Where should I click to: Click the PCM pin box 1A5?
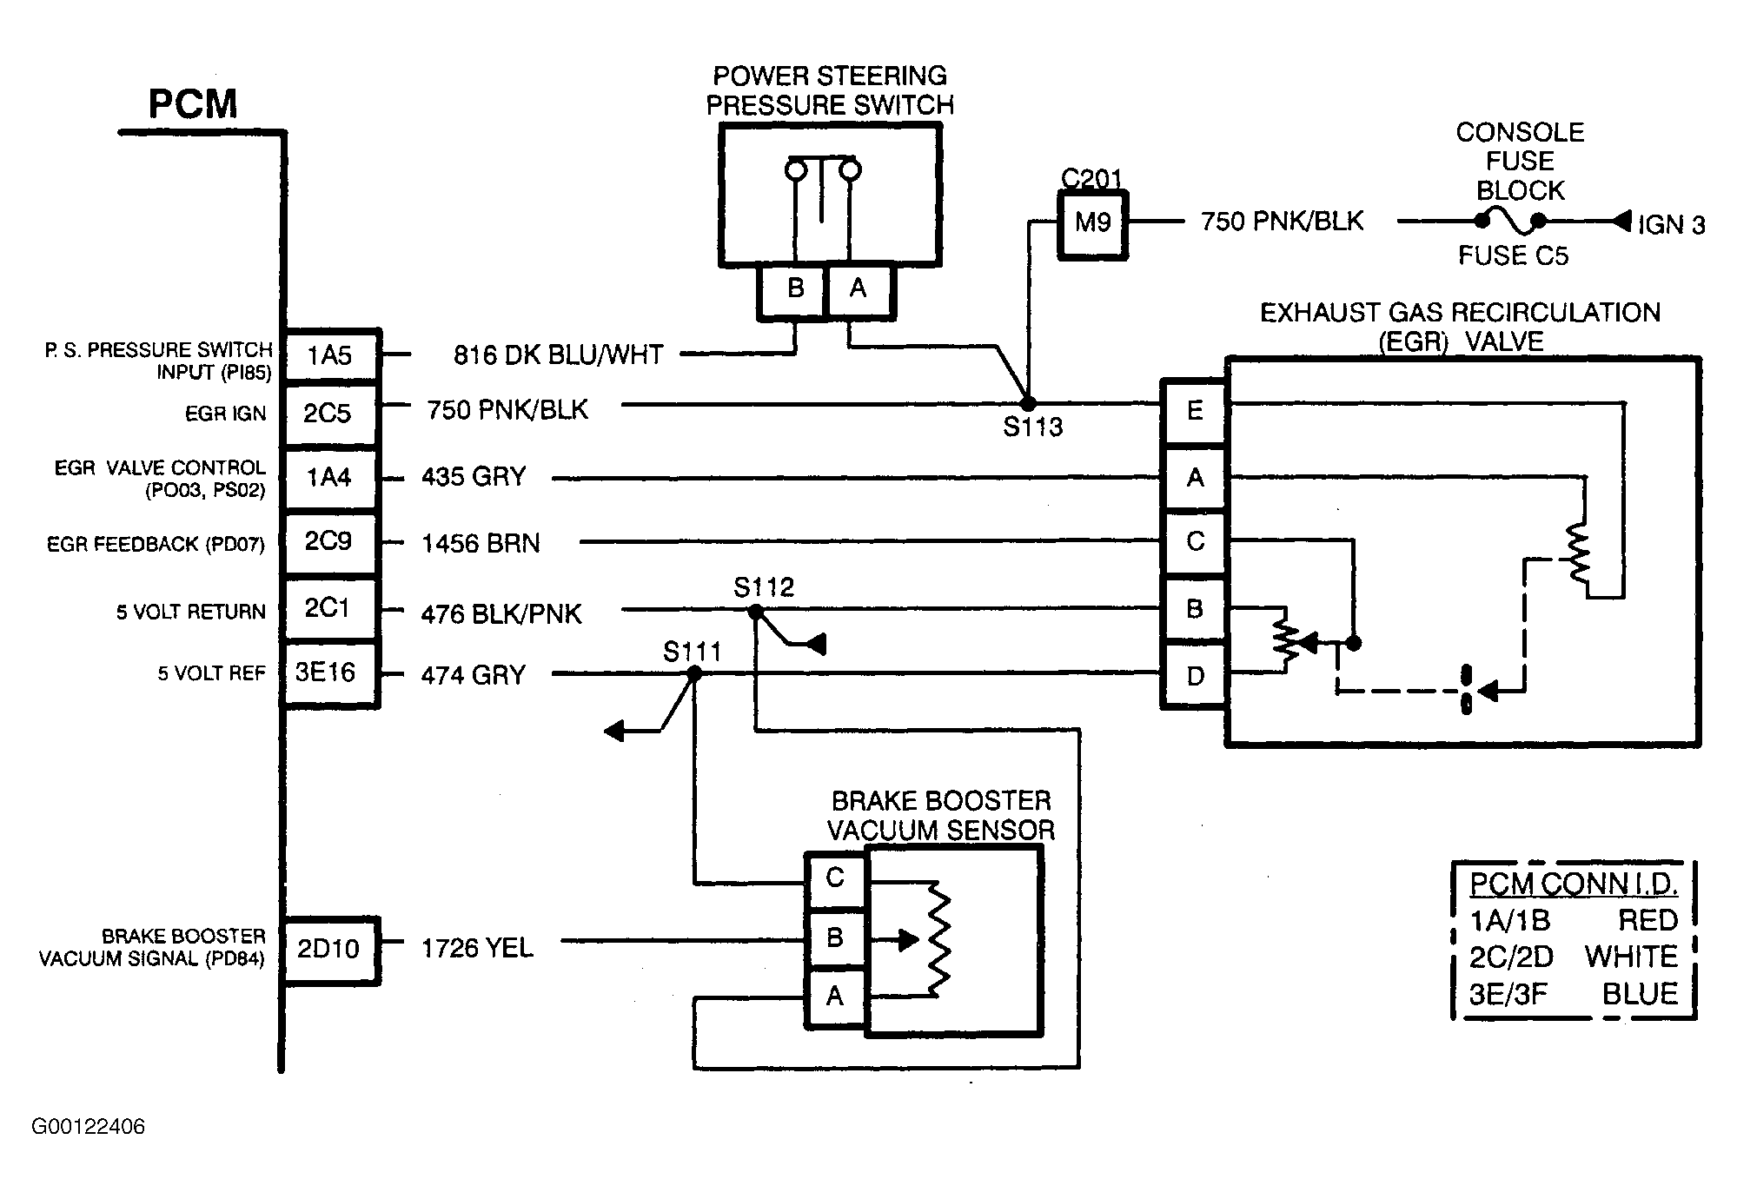click(x=331, y=355)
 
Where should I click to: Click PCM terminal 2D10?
click(x=331, y=950)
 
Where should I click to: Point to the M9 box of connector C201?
click(x=1092, y=223)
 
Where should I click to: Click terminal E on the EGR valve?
click(x=1195, y=411)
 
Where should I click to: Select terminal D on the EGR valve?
click(x=1195, y=676)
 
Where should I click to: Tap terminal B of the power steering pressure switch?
click(x=793, y=289)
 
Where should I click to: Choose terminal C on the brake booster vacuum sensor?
click(x=835, y=879)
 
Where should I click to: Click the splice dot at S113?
click(x=1028, y=404)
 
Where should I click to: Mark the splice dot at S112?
click(x=755, y=612)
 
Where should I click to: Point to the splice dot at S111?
click(x=694, y=673)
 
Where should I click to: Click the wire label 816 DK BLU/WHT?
click(x=559, y=354)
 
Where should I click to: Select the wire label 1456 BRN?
click(x=481, y=544)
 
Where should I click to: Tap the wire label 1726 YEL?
click(x=477, y=948)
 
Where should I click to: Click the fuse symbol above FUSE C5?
click(x=1510, y=222)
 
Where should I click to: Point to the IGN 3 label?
click(x=1671, y=225)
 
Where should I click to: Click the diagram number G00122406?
click(x=89, y=1127)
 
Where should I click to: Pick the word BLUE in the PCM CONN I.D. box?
click(x=1640, y=994)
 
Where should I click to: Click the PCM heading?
click(x=193, y=104)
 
